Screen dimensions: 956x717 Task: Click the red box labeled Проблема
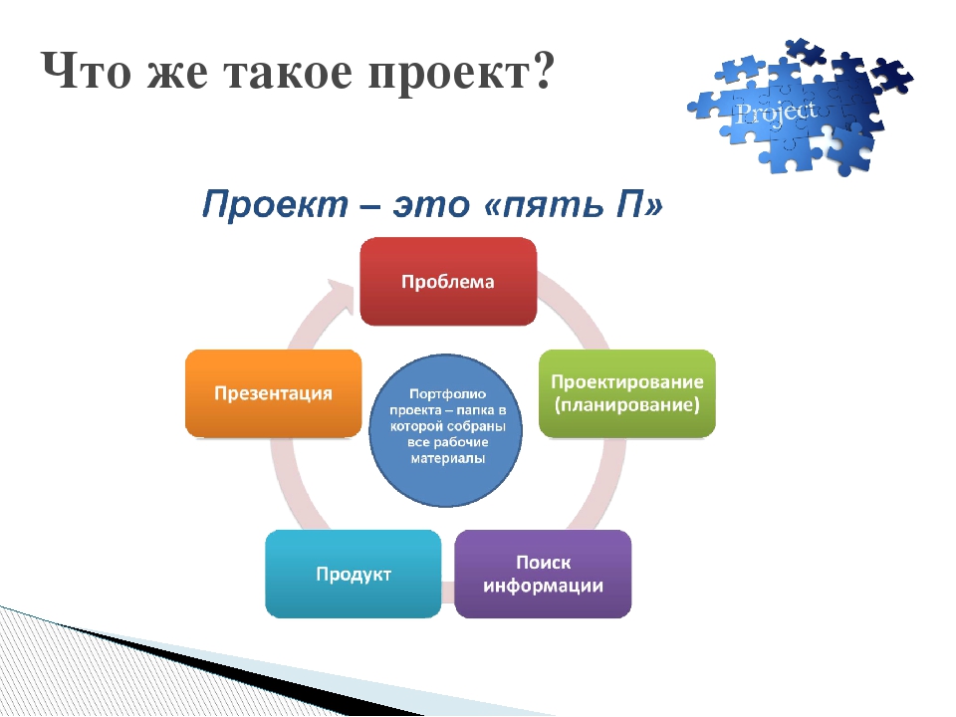tap(448, 281)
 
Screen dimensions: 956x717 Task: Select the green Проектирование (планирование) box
tap(626, 393)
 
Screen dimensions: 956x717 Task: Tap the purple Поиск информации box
tap(543, 574)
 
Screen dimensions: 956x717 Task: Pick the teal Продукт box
tap(353, 574)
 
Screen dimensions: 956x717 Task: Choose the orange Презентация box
tap(273, 393)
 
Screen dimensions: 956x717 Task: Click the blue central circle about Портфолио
tap(446, 430)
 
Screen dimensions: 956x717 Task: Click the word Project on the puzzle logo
tap(776, 114)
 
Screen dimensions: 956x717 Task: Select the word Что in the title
tap(86, 71)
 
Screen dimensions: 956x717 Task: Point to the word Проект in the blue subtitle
tap(275, 203)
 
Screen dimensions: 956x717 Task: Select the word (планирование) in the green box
tap(626, 405)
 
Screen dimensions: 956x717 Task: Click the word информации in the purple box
tap(543, 586)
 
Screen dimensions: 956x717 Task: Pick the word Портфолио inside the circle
tap(447, 394)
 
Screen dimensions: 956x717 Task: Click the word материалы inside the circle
tap(447, 458)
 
